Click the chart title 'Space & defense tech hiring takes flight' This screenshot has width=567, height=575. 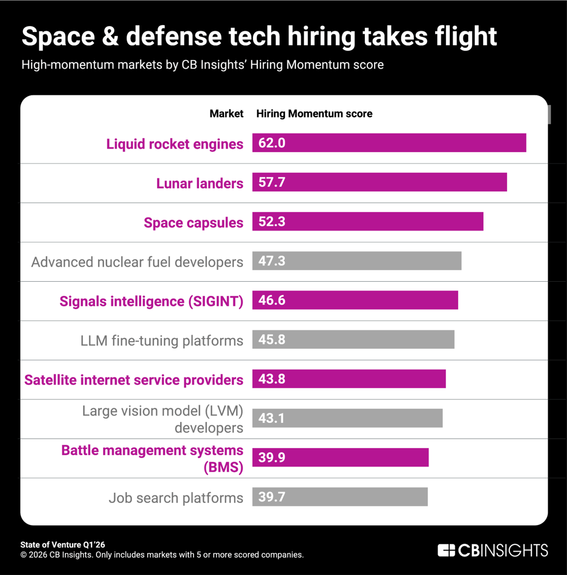[x=259, y=37]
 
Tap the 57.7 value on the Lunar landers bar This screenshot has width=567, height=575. [x=272, y=183]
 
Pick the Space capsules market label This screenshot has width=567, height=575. [x=194, y=222]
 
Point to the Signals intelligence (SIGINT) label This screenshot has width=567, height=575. [x=152, y=301]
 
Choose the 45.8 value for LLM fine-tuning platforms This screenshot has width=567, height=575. [x=272, y=340]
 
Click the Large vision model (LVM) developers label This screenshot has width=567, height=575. [x=162, y=419]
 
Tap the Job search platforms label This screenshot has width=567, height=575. [x=176, y=498]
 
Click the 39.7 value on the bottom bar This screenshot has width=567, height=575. [x=272, y=497]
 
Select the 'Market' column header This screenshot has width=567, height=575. [x=226, y=114]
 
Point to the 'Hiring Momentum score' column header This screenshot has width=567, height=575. [x=314, y=114]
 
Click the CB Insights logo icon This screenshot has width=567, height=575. [x=446, y=550]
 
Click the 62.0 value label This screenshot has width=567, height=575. [x=272, y=143]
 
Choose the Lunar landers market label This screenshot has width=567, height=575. [x=200, y=183]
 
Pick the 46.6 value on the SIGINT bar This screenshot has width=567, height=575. [x=272, y=300]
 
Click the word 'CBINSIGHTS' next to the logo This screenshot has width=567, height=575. [x=502, y=550]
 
